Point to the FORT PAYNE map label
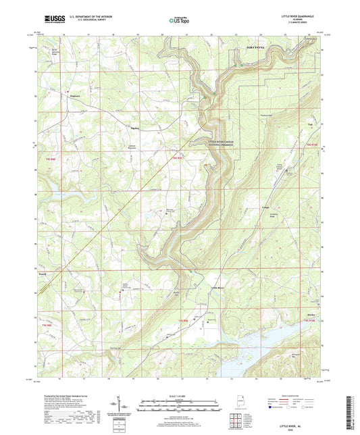256,49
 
